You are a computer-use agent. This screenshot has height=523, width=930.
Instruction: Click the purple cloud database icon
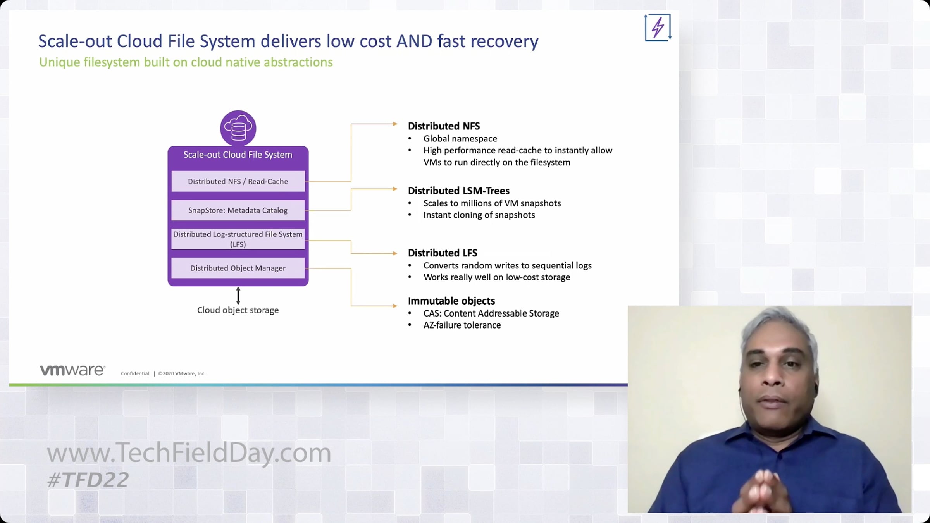tap(238, 128)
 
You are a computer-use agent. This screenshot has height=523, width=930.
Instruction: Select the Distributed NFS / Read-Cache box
tap(238, 181)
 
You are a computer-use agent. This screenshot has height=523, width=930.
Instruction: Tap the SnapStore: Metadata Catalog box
tap(238, 210)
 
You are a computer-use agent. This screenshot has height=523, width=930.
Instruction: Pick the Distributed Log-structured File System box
tap(238, 239)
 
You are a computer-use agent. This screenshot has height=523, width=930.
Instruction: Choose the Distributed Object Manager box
tap(238, 268)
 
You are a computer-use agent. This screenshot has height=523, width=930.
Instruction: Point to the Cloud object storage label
tap(238, 310)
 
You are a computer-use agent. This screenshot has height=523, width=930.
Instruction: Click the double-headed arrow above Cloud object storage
tap(238, 296)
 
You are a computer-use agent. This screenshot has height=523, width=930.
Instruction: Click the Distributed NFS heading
tap(444, 126)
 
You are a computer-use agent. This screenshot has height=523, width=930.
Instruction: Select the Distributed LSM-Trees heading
tap(458, 191)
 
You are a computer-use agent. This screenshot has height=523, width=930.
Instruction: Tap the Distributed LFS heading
tap(443, 253)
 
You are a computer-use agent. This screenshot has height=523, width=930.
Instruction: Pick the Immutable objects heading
tap(451, 301)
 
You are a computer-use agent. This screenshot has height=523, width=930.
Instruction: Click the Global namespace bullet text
tap(460, 139)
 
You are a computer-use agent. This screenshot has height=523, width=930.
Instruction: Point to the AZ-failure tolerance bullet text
tap(462, 325)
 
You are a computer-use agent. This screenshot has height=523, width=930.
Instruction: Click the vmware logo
tap(72, 370)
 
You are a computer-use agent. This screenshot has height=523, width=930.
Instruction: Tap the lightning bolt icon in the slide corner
tap(658, 28)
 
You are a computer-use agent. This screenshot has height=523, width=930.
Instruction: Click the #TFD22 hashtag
tap(88, 480)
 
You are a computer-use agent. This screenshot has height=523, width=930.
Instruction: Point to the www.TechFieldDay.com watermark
tap(189, 452)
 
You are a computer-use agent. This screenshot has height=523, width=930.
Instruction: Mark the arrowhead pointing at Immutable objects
tap(395, 306)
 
